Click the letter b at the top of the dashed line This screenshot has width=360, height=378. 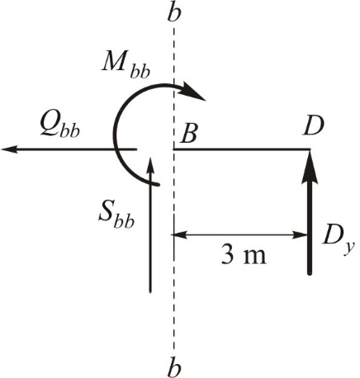174,12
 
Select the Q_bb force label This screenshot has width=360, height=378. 59,127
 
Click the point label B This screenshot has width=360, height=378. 189,134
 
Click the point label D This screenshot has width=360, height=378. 313,125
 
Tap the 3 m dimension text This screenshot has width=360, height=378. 244,256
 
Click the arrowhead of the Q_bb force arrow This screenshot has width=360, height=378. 10,149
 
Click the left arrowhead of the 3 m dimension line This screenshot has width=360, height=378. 180,235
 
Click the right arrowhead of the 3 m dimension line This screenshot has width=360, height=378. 301,235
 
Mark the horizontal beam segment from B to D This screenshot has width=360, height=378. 242,149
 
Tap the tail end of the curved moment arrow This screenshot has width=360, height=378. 158,184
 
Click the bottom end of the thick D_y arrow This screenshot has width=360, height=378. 310,273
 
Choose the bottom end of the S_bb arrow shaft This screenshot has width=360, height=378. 150,291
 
